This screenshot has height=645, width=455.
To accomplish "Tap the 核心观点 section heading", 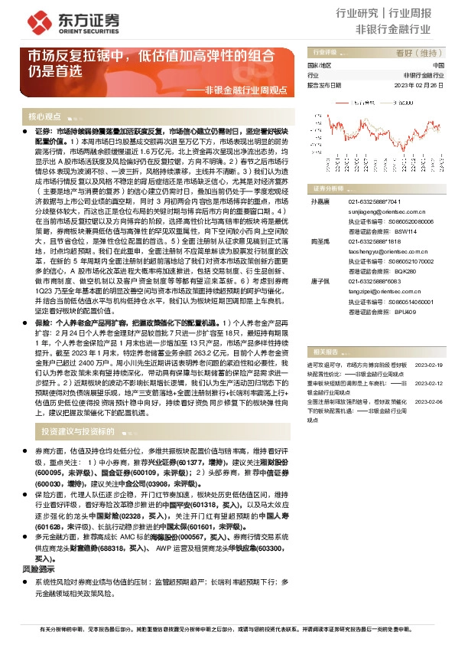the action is point(44,117).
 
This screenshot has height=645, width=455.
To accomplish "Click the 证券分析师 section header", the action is point(323,188).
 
